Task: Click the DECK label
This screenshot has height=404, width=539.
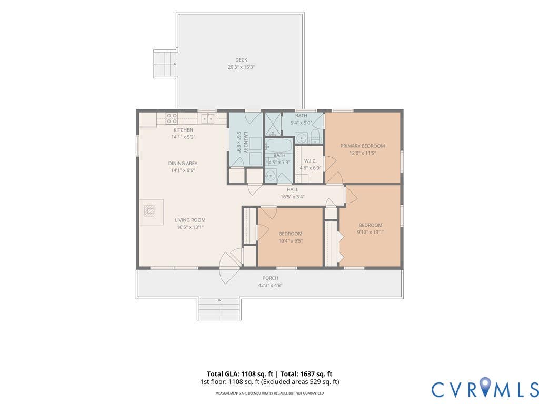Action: pos(241,60)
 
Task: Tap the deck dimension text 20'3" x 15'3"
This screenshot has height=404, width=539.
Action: pos(241,67)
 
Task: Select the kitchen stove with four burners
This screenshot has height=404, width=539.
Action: pos(172,118)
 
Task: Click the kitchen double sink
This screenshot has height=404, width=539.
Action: pos(207,118)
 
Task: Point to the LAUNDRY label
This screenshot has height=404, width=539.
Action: pos(246,142)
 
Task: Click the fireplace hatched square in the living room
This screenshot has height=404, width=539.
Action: pos(149,210)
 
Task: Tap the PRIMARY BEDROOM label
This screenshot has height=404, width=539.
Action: pos(363,146)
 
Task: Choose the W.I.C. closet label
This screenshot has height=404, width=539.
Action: pos(311,161)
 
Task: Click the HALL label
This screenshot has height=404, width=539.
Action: pos(293,189)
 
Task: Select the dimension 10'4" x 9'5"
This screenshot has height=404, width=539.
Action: pos(291,241)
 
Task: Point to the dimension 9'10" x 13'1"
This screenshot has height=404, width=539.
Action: pos(371,232)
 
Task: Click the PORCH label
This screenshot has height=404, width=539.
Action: pos(270,278)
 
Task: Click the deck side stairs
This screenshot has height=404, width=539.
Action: pos(165,64)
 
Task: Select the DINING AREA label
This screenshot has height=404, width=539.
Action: pos(183,163)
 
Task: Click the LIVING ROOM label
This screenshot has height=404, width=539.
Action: pos(190,220)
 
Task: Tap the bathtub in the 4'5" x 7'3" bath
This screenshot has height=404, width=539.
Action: pos(279,147)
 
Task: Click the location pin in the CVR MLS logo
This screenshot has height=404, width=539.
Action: pos(485,385)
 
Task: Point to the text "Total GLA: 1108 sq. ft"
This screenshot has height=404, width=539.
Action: pos(240,374)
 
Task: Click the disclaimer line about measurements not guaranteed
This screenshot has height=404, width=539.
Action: pos(269,393)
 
